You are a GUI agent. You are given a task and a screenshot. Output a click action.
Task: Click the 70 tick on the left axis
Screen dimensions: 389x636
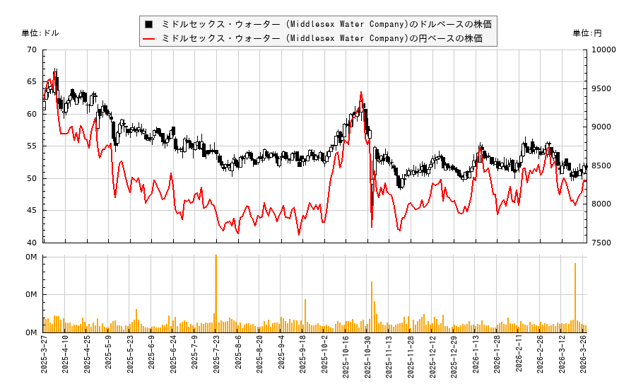pyautogui.click(x=33, y=50)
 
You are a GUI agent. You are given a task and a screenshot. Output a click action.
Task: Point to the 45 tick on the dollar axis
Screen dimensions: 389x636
pyautogui.click(x=33, y=211)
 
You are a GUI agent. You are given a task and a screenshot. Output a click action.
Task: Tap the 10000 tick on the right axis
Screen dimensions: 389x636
pyautogui.click(x=605, y=50)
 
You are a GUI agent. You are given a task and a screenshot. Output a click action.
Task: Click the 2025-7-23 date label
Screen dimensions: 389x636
pyautogui.click(x=216, y=359)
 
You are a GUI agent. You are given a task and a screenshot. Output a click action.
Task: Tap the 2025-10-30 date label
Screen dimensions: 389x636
pyautogui.click(x=367, y=359)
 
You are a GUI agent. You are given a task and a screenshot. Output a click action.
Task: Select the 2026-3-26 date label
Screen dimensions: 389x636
pyautogui.click(x=584, y=359)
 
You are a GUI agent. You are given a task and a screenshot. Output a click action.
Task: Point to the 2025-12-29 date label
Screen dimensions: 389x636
pyautogui.click(x=454, y=359)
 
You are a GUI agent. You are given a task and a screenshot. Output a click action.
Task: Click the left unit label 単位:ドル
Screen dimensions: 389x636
pyautogui.click(x=41, y=33)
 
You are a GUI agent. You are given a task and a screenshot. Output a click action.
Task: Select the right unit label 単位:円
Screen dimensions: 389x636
pyautogui.click(x=587, y=33)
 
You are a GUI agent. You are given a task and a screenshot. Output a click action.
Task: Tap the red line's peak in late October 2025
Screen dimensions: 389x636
pyautogui.click(x=361, y=92)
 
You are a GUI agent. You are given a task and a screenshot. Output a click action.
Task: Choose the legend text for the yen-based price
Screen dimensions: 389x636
pyautogui.click(x=322, y=38)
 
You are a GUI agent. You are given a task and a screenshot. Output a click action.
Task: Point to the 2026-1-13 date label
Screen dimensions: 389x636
pyautogui.click(x=476, y=359)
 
